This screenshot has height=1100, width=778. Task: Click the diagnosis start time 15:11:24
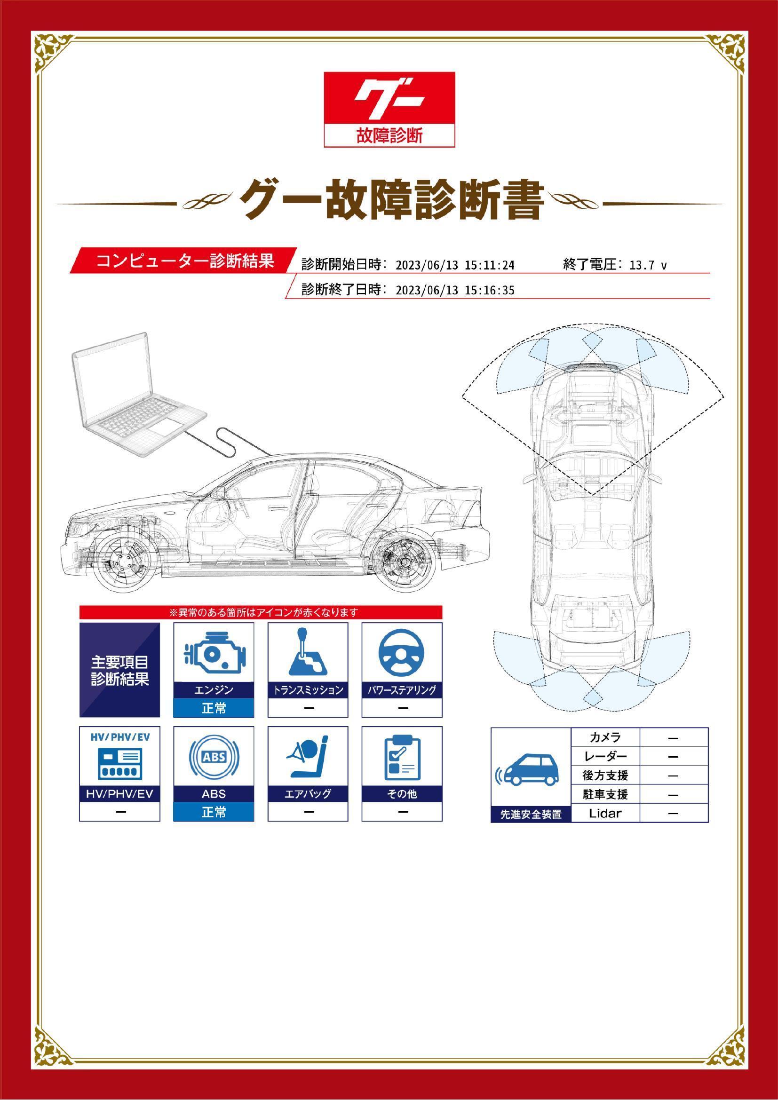pyautogui.click(x=490, y=265)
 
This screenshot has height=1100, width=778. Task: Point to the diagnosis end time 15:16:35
pyautogui.click(x=490, y=290)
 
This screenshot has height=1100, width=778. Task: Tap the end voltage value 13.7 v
pyautogui.click(x=648, y=265)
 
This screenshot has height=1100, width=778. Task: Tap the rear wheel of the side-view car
pyautogui.click(x=403, y=561)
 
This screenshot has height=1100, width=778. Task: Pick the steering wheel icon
pyautogui.click(x=401, y=653)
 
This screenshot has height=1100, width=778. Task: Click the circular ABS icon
pyautogui.click(x=214, y=757)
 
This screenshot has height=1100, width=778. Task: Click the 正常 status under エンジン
pyautogui.click(x=214, y=708)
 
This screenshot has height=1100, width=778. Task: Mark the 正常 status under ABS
pyautogui.click(x=214, y=812)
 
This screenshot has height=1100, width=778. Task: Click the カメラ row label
pyautogui.click(x=605, y=737)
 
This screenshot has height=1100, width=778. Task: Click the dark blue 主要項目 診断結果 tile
pyautogui.click(x=120, y=670)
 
